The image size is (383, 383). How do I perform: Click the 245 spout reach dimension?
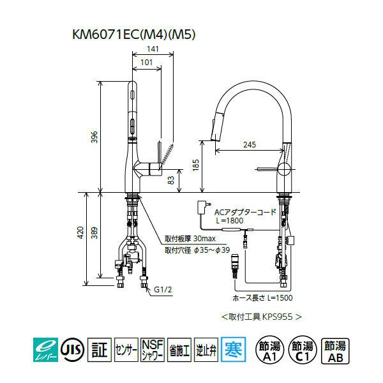coord(249,145)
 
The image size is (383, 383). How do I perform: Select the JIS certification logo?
coord(71,349)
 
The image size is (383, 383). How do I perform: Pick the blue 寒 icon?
coord(231,349)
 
